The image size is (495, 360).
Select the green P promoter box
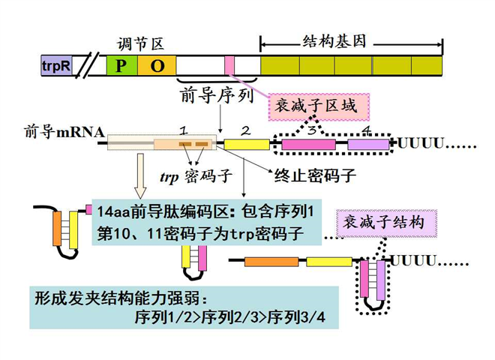[x=121, y=65]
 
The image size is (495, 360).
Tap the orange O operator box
[x=157, y=65]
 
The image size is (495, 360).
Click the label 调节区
[x=140, y=45]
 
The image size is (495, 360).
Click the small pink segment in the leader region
[x=229, y=65]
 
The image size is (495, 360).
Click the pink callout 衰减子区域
[x=318, y=106]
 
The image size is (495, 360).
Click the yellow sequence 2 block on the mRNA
[x=247, y=143]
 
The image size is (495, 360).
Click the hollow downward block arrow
[x=140, y=176]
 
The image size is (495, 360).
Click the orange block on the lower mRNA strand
[x=271, y=261]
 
